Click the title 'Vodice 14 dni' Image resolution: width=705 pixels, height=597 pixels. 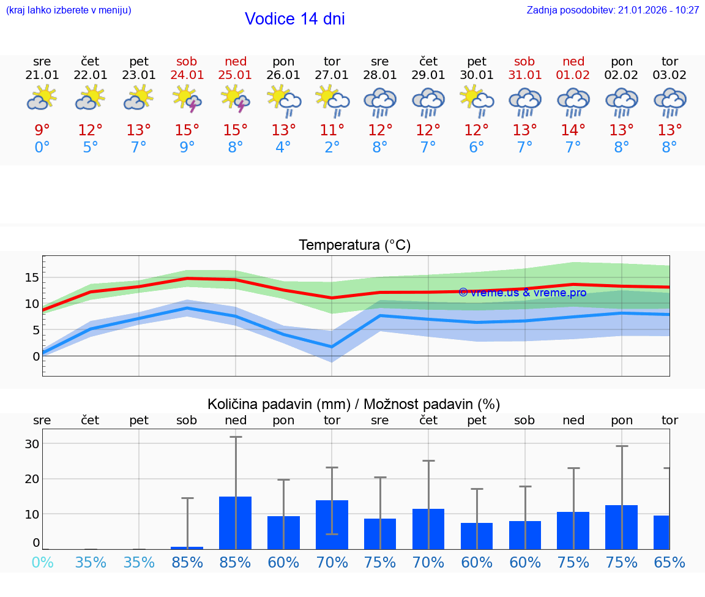coord(294,19)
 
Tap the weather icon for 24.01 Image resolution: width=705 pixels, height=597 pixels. coord(187,99)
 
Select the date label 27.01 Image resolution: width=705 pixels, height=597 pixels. coord(332,75)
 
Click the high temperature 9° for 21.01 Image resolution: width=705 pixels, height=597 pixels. coord(42,130)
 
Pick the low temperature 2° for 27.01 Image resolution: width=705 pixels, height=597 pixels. coord(332,148)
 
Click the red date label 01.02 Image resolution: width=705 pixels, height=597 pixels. coord(573,75)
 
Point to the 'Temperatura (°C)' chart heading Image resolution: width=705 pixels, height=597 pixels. coord(354,246)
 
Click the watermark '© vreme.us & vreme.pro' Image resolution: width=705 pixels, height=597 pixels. coord(522,293)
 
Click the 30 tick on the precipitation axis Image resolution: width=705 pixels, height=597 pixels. coord(32,444)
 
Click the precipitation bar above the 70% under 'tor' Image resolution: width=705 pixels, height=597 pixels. coord(332,525)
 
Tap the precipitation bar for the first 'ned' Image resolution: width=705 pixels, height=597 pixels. coord(236,523)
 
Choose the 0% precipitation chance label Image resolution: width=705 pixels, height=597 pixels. coord(42,562)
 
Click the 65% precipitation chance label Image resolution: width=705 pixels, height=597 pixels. coord(670,562)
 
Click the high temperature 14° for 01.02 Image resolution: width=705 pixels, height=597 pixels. coord(573,130)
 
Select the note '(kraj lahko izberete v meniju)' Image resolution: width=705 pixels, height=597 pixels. coord(69,10)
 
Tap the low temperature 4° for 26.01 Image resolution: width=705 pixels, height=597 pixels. coord(283,148)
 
